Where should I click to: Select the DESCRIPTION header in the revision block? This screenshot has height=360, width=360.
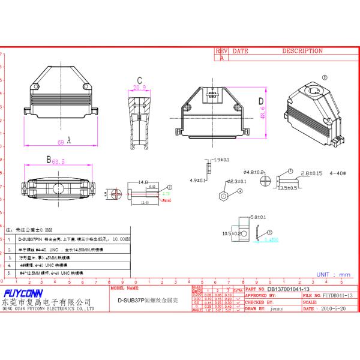coord(302,52)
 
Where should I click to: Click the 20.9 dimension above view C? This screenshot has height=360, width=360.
coord(139,88)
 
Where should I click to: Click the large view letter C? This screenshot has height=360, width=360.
coord(139,80)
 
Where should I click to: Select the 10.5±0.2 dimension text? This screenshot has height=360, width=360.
coord(231,233)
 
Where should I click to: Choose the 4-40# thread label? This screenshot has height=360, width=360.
coord(338,173)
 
